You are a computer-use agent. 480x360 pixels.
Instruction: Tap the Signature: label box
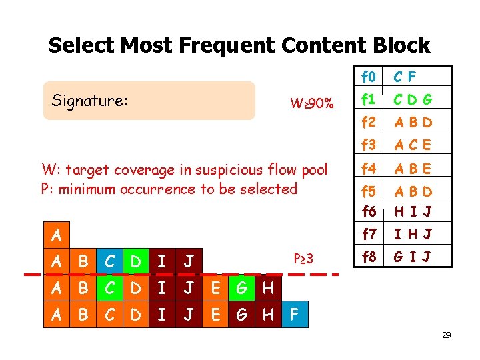point(149,101)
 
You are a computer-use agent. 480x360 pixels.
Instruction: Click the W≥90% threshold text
point(311,103)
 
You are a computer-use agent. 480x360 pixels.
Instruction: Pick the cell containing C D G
point(413,99)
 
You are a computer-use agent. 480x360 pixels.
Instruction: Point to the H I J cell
point(413,211)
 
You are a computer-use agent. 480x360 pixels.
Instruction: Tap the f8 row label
point(368,256)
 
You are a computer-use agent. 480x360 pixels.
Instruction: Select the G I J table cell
point(413,256)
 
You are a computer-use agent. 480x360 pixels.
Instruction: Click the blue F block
point(296,314)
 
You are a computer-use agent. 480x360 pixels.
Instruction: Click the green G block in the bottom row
point(242,314)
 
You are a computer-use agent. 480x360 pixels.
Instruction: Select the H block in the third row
point(268,288)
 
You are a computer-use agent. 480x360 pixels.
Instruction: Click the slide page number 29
point(446,335)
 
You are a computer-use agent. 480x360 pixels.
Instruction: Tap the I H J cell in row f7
point(413,233)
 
